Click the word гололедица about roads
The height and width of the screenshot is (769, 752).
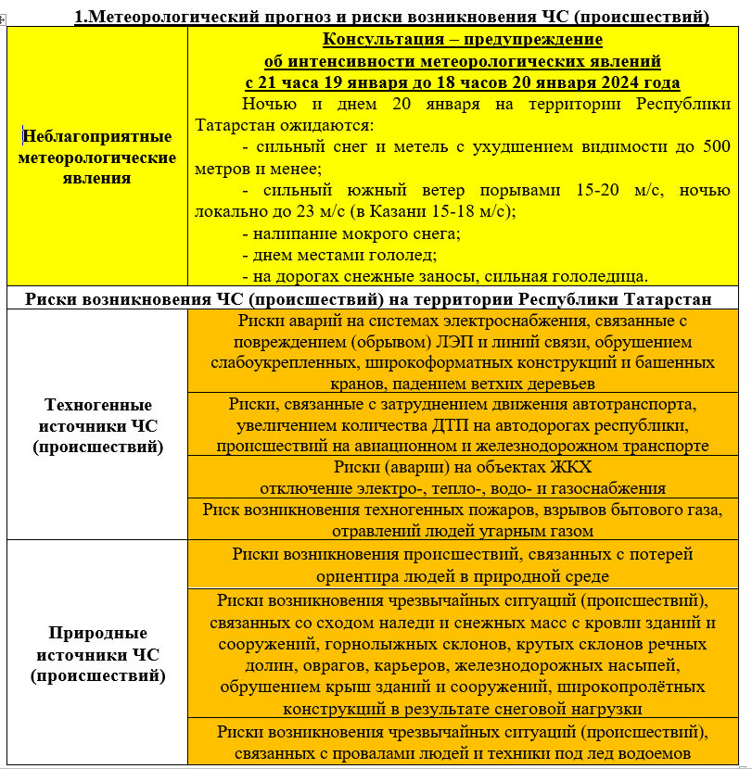click(596, 276)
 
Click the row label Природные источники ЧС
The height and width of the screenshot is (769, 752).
click(98, 655)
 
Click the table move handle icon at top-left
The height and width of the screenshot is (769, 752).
click(4, 18)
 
